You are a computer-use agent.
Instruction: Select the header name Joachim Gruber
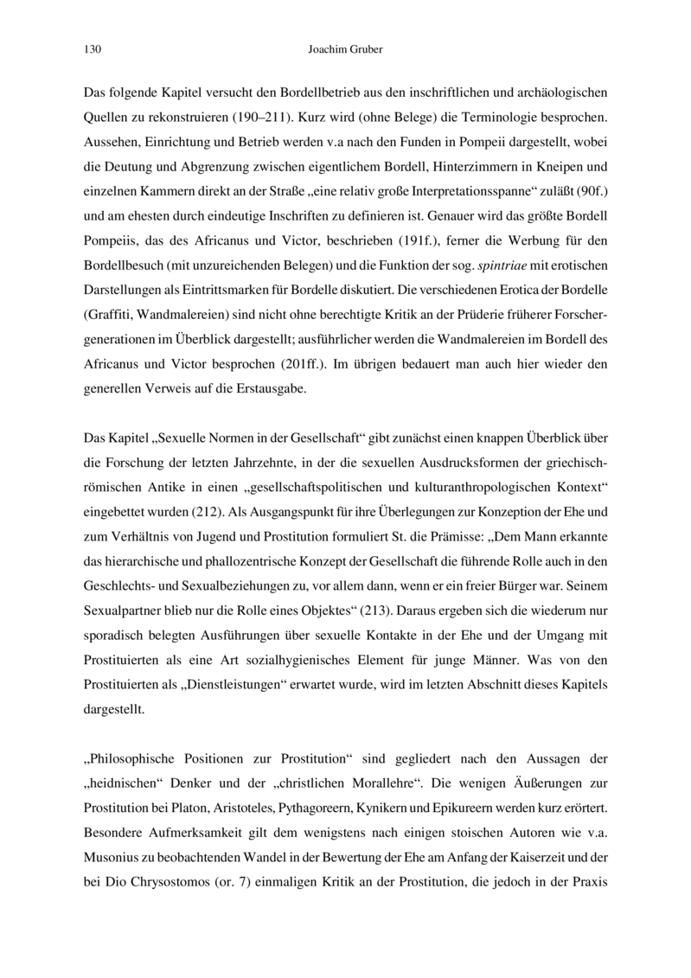345,50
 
